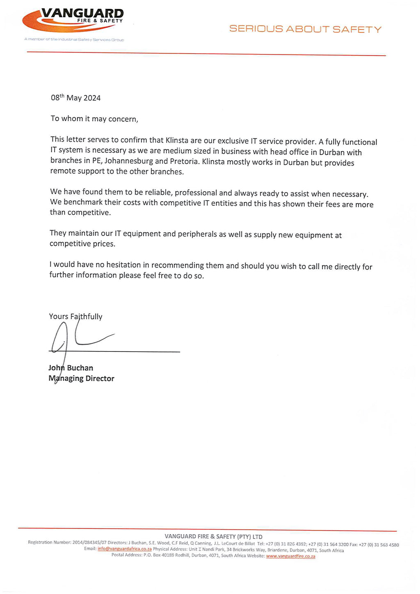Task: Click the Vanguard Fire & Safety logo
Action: [73, 20]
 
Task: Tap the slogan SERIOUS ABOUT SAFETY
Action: [305, 29]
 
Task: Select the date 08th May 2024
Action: [75, 97]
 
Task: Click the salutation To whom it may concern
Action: [94, 119]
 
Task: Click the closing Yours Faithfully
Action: [75, 316]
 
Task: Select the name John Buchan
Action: [71, 368]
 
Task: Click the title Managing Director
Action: [81, 379]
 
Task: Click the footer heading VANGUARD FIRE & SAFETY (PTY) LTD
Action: [213, 536]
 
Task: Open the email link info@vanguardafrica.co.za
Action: [125, 549]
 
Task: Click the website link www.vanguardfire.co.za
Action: [290, 556]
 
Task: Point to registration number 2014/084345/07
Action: [89, 542]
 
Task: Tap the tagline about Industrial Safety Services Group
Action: [74, 40]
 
